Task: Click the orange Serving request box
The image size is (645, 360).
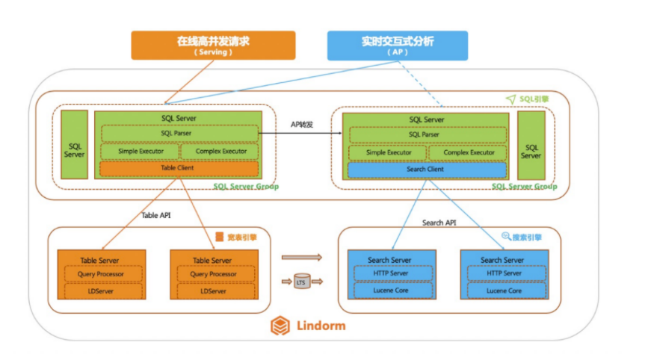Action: point(213,45)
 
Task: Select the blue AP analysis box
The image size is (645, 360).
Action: point(398,45)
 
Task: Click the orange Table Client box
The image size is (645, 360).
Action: point(179,169)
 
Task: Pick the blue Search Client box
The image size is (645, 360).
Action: point(425,170)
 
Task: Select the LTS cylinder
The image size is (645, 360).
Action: point(301,282)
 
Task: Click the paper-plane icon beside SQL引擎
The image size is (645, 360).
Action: point(510,99)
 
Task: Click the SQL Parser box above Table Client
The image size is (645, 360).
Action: point(179,133)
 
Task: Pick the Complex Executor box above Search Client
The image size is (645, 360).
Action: point(469,152)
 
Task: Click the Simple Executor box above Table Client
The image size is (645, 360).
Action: point(139,151)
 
